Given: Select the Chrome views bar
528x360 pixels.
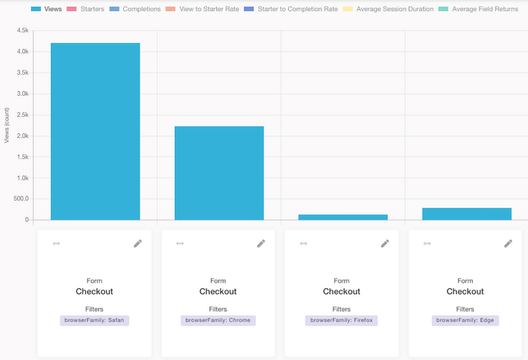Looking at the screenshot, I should click(x=219, y=172).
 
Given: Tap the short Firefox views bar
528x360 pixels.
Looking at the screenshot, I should click(x=343, y=217).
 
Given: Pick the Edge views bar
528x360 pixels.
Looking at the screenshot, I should click(x=467, y=213).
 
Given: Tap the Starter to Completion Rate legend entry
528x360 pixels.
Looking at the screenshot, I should click(x=296, y=9).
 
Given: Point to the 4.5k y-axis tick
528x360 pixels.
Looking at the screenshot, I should click(x=22, y=31).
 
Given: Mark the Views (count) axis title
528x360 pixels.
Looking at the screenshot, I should click(x=7, y=126).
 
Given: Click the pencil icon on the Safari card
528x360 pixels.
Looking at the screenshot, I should click(x=137, y=243).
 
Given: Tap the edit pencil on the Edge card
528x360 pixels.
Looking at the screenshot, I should click(x=508, y=243).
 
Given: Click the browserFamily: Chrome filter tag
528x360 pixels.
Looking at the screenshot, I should click(x=218, y=320).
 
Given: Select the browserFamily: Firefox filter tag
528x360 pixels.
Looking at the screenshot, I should click(x=341, y=320).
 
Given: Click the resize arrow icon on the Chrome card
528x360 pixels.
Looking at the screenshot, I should click(x=180, y=243).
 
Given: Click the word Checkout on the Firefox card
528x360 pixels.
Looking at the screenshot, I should click(x=341, y=291).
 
